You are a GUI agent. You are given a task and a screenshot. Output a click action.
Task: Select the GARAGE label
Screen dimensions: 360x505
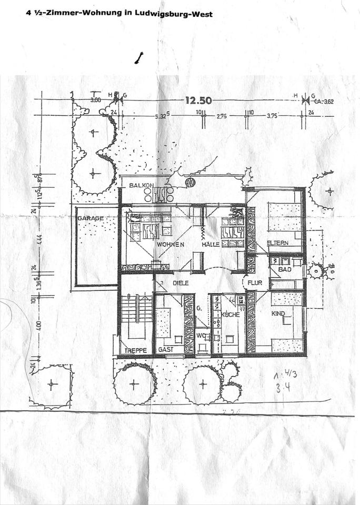coord(90,218)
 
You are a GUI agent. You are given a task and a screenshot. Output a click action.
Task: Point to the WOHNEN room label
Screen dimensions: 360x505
coord(169,245)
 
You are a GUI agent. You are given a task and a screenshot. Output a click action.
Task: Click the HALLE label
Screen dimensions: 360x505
coord(209,245)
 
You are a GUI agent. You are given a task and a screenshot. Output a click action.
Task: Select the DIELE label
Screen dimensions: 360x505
coord(181,282)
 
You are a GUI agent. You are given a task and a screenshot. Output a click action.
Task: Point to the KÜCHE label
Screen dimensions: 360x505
coord(230,314)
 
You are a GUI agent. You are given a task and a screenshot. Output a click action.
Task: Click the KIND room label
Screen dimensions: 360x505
coord(278,314)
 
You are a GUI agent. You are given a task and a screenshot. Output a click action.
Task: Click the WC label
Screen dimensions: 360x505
coord(201,335)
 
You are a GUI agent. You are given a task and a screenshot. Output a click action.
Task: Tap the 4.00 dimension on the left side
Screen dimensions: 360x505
coord(38,326)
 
